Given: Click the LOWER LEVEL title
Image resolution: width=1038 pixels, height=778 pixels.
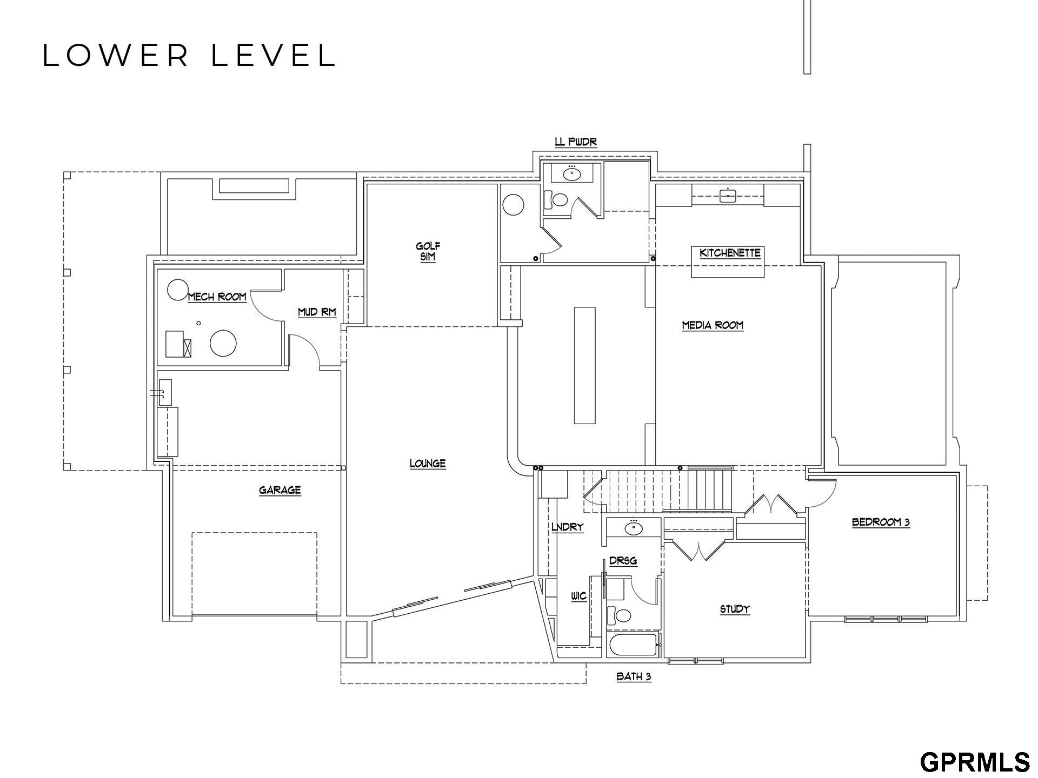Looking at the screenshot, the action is (189, 56).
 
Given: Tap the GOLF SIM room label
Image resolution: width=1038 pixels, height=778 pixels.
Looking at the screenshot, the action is (428, 252).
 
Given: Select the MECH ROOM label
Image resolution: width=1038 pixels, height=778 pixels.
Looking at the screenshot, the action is (217, 297).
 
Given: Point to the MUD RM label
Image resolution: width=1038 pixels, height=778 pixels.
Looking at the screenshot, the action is (317, 312).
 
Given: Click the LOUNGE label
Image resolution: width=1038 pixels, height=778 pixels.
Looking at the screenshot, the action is (428, 464).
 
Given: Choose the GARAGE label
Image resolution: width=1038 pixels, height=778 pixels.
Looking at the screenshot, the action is (280, 491).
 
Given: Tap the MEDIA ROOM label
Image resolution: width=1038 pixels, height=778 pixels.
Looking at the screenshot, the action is (713, 325).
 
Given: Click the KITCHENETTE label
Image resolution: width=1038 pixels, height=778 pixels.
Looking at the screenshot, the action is (730, 253).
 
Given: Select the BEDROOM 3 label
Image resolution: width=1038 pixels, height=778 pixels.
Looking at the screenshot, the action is (881, 522).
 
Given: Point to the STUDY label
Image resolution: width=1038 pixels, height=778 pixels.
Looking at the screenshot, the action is (735, 609).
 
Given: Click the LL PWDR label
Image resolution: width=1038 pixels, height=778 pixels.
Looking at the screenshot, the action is (576, 142).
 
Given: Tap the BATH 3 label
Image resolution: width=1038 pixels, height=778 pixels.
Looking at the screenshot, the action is (634, 676).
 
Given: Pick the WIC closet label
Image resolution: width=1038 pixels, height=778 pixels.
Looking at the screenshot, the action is (578, 596).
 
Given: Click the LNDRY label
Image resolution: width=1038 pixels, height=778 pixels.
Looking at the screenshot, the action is (567, 527).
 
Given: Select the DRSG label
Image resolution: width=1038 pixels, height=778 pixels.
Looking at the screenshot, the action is (623, 561).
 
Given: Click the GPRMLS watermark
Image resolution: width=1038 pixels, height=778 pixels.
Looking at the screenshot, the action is (975, 762).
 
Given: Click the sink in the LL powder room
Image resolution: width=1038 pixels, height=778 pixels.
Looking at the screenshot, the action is (571, 174).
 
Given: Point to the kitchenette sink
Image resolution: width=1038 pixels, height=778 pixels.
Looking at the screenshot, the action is (728, 196).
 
